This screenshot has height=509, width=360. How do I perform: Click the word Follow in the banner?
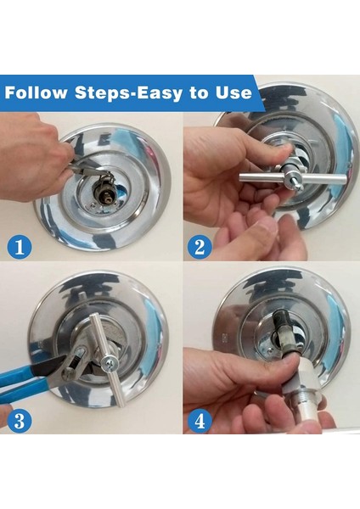pyautogui.click(x=36, y=92)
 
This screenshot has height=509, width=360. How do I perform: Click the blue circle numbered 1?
pyautogui.click(x=20, y=247)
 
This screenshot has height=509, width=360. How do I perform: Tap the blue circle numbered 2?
pyautogui.click(x=200, y=247)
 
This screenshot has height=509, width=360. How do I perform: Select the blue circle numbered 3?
pyautogui.click(x=20, y=421)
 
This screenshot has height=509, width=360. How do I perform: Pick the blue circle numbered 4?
pyautogui.click(x=200, y=421)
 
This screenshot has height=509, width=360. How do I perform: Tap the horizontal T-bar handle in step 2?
pyautogui.click(x=292, y=178)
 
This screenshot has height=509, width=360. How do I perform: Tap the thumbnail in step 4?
pyautogui.click(x=290, y=361)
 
